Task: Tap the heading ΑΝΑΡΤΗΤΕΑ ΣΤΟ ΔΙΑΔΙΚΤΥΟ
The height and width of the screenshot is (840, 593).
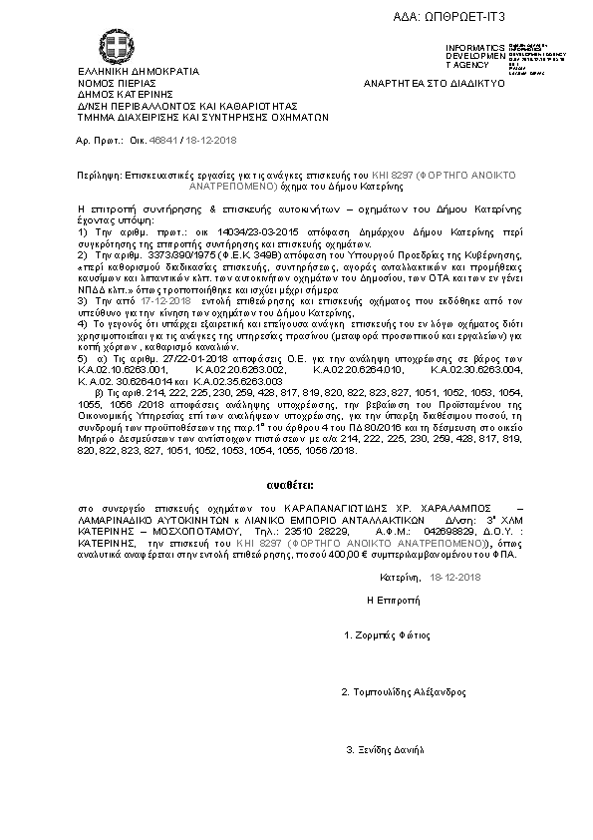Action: pos(435,83)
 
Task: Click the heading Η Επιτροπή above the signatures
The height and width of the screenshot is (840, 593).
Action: pos(389,601)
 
